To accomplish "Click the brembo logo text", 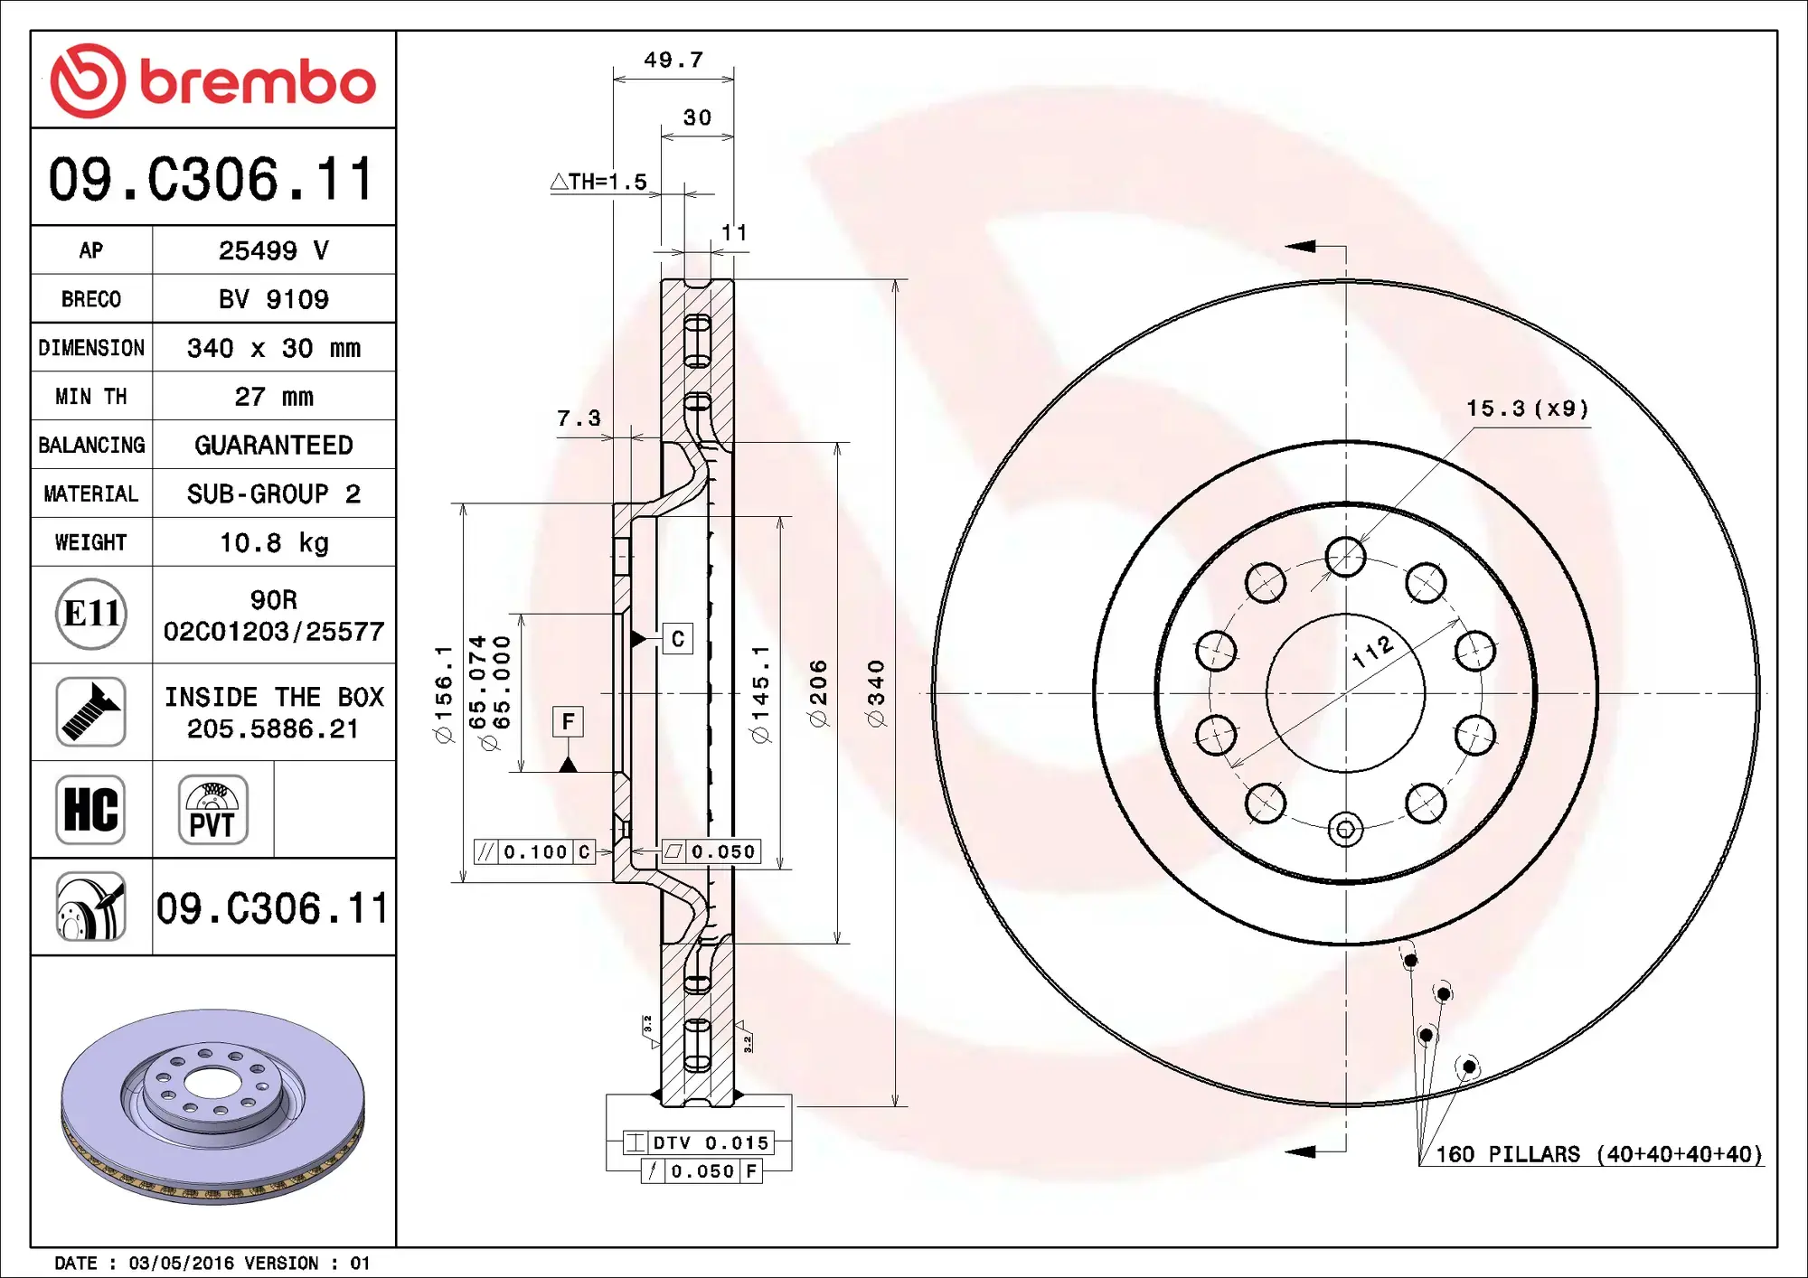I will point(258,82).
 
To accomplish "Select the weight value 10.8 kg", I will point(274,542).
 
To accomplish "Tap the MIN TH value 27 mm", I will point(274,397).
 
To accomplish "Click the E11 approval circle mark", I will point(90,615).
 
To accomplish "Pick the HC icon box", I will point(90,810).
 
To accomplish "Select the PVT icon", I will point(212,810).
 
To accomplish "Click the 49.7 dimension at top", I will point(673,61).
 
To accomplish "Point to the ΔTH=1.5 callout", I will point(599,182).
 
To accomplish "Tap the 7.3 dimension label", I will point(579,418).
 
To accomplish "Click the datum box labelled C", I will point(677,639).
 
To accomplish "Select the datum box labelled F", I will point(568,721).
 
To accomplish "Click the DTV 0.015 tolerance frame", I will point(698,1142).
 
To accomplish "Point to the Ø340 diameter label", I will point(876,693).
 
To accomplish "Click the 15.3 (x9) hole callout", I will point(1527,409).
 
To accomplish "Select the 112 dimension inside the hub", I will point(1372,651).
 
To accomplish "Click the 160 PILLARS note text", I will point(1598,1154).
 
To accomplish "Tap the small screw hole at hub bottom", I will point(1345,830).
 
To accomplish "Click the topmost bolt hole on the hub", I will point(1345,557).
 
